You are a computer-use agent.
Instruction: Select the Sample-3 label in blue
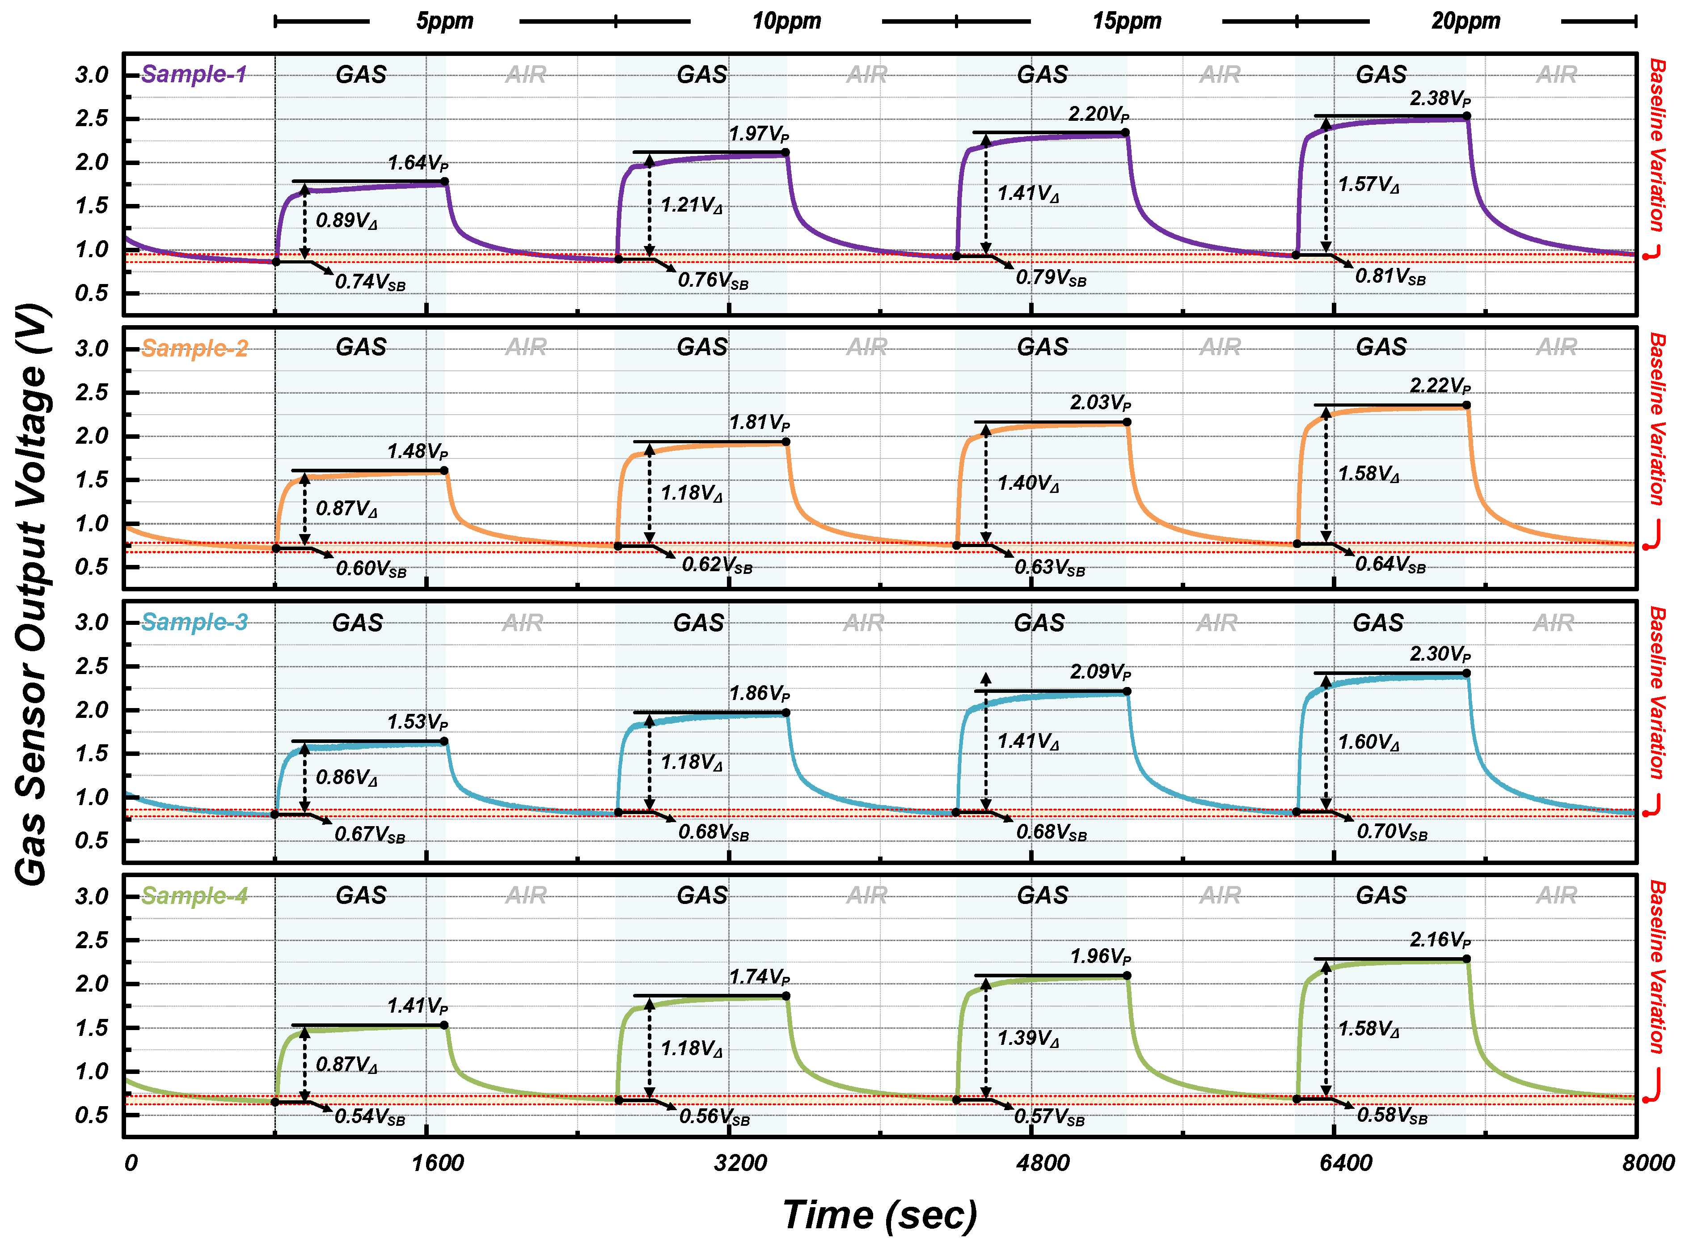tap(194, 622)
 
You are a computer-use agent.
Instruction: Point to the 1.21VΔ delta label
tap(690, 205)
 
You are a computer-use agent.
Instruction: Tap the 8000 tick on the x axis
tap(1647, 1162)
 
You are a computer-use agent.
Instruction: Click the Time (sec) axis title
tap(879, 1214)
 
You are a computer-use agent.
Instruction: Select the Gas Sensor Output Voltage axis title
tap(32, 594)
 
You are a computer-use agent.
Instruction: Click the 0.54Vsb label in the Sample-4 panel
tap(369, 1116)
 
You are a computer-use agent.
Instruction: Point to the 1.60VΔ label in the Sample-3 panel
tap(1368, 742)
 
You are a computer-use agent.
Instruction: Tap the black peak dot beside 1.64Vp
tap(444, 181)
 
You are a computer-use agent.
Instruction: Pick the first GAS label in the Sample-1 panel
tap(361, 75)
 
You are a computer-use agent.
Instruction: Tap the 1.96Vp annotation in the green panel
tap(1100, 956)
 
